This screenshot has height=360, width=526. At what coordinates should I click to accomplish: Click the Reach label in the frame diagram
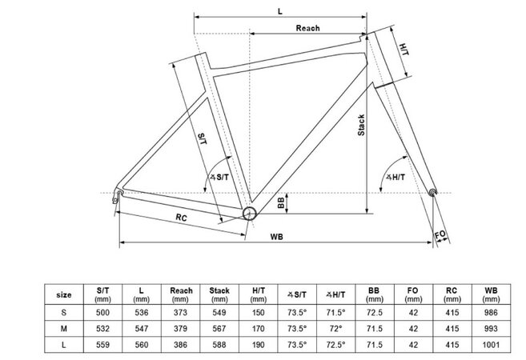[307, 28]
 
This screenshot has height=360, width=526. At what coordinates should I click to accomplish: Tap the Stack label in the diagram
[361, 127]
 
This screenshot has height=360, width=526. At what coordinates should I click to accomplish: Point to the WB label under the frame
[276, 236]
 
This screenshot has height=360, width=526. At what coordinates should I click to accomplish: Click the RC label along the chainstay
[182, 218]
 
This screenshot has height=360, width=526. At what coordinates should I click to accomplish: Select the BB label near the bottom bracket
[281, 202]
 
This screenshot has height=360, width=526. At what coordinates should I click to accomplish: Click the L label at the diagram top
[279, 11]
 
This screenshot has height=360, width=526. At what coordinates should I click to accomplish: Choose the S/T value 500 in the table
[103, 313]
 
